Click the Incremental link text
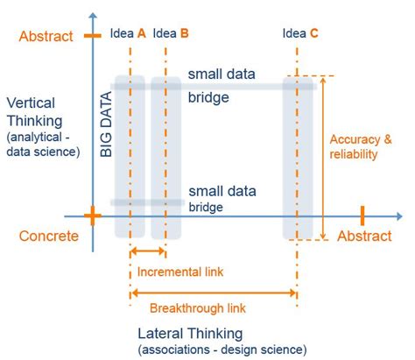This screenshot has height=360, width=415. coord(179,272)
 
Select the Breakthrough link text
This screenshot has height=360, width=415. coord(197,308)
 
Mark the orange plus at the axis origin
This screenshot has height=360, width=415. coord(93,215)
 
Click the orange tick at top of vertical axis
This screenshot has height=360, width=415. coord(93,36)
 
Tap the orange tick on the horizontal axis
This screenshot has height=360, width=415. coord(362,215)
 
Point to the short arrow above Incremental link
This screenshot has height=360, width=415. coord(147,252)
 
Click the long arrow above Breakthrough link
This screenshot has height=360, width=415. coord(213,293)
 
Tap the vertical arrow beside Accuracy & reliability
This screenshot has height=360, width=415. coord(324,158)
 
